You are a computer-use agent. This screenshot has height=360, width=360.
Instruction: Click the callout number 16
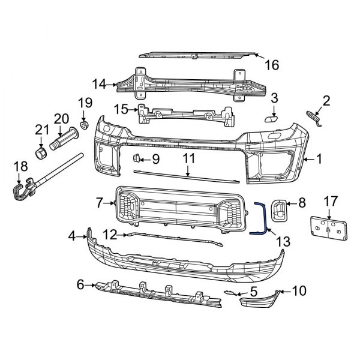pos(272,65)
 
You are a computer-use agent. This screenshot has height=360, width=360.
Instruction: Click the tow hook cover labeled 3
pos(271,119)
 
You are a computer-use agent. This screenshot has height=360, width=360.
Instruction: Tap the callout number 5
pos(253,292)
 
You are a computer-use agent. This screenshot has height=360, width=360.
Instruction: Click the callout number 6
pos(81,285)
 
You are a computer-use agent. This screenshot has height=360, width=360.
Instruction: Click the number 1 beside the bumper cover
pos(319,160)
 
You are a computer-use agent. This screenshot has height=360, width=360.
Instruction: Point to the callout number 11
pos(189,160)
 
